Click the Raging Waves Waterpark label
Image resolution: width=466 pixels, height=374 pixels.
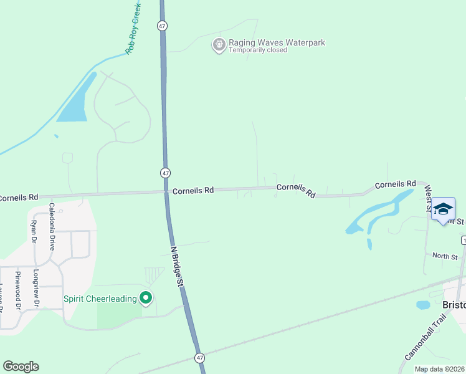277,43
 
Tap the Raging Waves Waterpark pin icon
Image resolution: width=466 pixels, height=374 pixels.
219,45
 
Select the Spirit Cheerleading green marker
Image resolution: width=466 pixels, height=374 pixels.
146,299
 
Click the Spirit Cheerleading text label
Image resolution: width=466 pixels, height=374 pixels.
100,299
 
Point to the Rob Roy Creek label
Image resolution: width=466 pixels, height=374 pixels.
134,29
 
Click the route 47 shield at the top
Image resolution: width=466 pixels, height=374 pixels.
162,26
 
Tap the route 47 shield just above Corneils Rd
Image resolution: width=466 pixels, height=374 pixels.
165,173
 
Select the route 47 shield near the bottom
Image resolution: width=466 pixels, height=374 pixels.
199,358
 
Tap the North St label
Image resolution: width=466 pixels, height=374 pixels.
445,256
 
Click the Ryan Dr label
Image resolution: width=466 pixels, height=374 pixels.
34,230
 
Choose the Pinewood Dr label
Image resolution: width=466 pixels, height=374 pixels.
19,290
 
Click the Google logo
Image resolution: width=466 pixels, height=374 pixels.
21,367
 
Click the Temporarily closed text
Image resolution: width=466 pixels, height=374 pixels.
257,50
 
